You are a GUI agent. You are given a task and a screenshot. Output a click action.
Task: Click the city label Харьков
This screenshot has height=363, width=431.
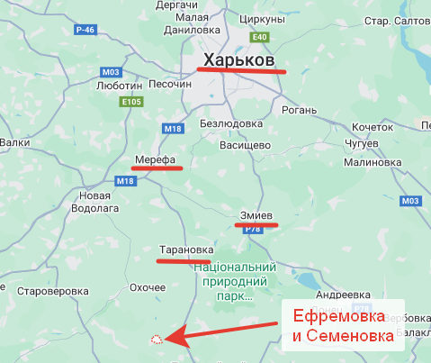point(238,58)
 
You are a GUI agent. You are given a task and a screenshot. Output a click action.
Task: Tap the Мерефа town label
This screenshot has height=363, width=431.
point(154,159)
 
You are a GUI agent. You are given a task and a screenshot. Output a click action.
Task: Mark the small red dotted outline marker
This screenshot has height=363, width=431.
point(157,339)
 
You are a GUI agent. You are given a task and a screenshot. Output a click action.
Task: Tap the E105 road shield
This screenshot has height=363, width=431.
point(132,102)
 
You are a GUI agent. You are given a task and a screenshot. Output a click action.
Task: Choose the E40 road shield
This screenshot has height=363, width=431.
point(260,37)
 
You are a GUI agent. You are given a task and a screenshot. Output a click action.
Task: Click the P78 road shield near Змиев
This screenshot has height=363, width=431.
point(253,229)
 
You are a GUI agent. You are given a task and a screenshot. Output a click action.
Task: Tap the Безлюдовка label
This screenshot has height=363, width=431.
point(230,123)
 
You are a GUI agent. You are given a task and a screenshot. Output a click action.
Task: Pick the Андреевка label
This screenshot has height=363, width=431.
point(344,295)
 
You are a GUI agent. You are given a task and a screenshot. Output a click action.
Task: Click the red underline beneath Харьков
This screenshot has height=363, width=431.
point(241,69)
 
